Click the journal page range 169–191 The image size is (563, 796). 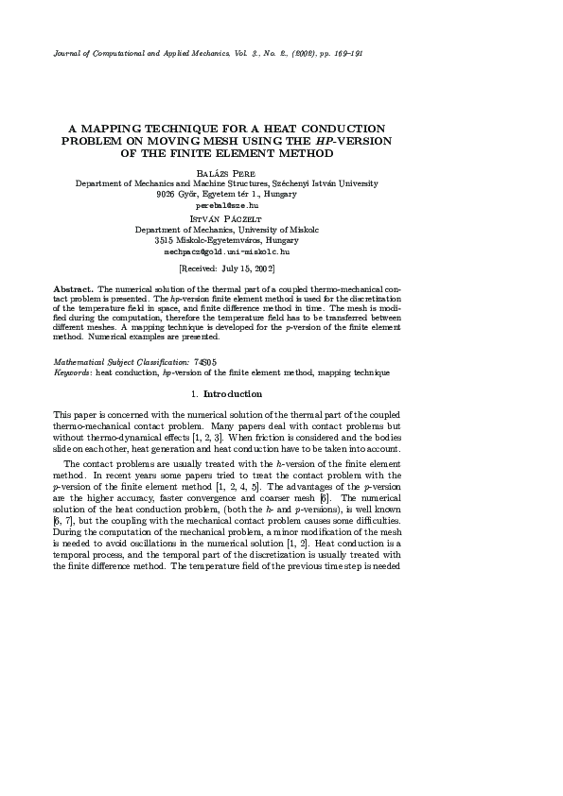345,53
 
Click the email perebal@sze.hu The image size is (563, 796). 226,204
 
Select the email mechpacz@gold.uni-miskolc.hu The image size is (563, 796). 227,251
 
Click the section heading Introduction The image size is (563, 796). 232,393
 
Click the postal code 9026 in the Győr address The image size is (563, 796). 167,194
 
